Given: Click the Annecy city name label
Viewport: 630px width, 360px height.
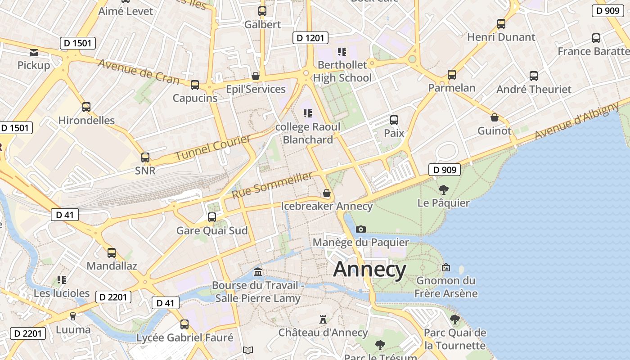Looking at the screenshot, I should coord(370,270).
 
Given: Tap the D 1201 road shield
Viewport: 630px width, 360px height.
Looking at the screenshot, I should coord(310,38).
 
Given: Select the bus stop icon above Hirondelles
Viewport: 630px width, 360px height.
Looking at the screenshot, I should coord(86,107).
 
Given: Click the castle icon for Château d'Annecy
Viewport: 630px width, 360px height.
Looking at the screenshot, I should coord(323,319).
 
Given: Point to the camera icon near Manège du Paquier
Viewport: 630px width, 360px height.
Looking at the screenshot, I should coord(360,229).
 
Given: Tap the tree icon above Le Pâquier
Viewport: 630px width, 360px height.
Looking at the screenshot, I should coord(444,189).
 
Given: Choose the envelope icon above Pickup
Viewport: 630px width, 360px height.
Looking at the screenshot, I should coord(34,53).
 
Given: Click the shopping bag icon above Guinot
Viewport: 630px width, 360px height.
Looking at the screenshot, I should coord(495,118).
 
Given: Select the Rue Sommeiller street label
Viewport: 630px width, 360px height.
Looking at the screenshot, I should coord(272,185).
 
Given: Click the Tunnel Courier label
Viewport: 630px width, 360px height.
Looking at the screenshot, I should coord(212,148).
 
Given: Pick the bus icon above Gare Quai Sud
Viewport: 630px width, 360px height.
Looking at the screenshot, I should coord(212,217).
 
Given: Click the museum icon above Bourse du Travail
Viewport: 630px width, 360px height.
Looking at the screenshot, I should coord(258,272).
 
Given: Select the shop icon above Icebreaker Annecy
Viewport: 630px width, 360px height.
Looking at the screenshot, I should coord(327,193).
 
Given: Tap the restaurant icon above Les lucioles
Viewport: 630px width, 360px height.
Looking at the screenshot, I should coord(62,280).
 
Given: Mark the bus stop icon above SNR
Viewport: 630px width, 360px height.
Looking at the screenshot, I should coord(145,157).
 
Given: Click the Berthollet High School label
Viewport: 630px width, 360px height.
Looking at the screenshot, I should coord(342,72).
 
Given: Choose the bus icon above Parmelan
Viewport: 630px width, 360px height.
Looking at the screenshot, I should coord(452,75).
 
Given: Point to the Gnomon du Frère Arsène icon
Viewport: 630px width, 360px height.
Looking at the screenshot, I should coord(446,267).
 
